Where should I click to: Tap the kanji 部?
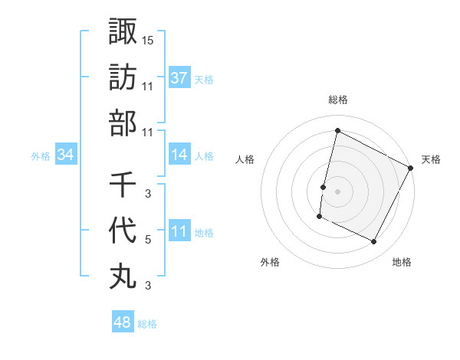123,123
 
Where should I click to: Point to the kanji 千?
123,185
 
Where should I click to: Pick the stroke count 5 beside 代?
148,240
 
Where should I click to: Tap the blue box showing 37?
179,77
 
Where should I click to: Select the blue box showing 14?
179,155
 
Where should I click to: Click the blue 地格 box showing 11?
179,231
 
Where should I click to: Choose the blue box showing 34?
66,155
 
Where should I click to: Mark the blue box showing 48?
123,322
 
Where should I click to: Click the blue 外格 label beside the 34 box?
41,156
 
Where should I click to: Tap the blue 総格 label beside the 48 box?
147,324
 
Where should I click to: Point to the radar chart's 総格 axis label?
337,100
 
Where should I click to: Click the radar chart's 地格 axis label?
402,262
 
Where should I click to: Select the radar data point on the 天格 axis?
412,168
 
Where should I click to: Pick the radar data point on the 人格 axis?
323,187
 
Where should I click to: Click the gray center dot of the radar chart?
337,191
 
